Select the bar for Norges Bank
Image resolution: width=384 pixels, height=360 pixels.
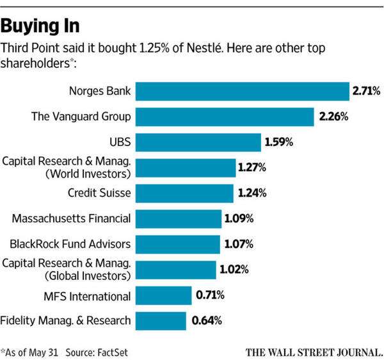242,92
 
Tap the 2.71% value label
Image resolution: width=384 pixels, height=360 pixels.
365,92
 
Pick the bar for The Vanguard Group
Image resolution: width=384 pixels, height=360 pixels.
225,117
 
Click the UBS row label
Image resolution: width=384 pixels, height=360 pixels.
120,142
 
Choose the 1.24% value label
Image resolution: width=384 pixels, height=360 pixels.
253,192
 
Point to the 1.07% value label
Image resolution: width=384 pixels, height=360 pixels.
239,243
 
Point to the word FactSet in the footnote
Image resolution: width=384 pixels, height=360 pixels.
113,351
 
